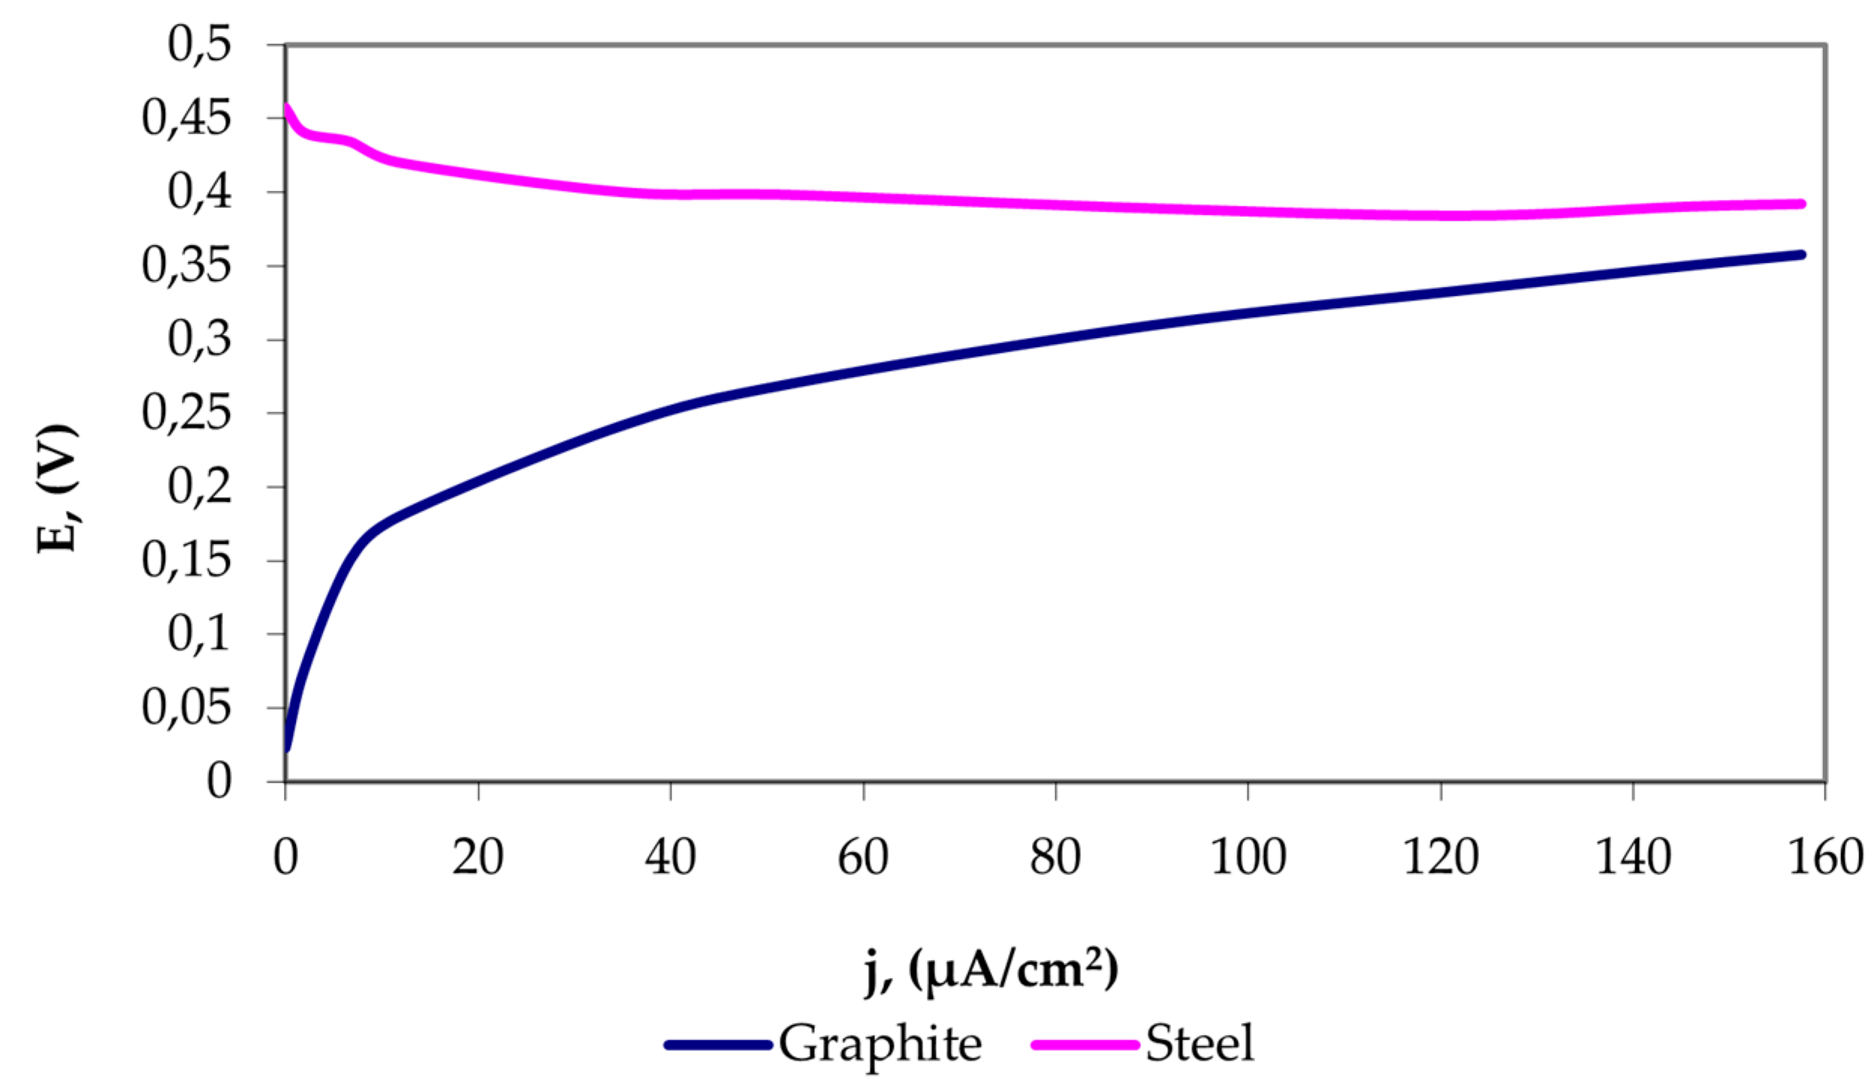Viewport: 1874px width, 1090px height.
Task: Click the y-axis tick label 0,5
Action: (x=199, y=46)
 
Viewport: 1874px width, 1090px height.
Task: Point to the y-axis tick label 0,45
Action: (x=186, y=119)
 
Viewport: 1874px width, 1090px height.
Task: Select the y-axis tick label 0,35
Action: (x=186, y=266)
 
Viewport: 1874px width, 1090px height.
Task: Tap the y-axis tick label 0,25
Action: (x=186, y=413)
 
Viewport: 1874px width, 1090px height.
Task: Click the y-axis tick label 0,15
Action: (x=186, y=560)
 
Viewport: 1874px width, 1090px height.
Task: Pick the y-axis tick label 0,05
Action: (x=186, y=708)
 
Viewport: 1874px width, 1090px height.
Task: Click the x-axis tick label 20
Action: (x=478, y=856)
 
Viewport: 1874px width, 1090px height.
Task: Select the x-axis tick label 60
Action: (x=863, y=856)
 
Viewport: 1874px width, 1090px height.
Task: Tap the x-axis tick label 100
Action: (x=1248, y=856)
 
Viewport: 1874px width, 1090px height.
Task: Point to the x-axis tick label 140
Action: (x=1634, y=856)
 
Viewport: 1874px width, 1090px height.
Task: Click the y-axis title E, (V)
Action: (x=58, y=488)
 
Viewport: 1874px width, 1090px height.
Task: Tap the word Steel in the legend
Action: (x=1200, y=1044)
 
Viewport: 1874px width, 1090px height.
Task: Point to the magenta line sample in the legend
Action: (x=1085, y=1045)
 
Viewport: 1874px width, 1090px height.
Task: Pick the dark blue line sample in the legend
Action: (x=719, y=1045)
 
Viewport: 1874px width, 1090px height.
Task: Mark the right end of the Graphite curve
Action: (x=1801, y=255)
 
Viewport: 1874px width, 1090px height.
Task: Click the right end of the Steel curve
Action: (x=1801, y=204)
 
